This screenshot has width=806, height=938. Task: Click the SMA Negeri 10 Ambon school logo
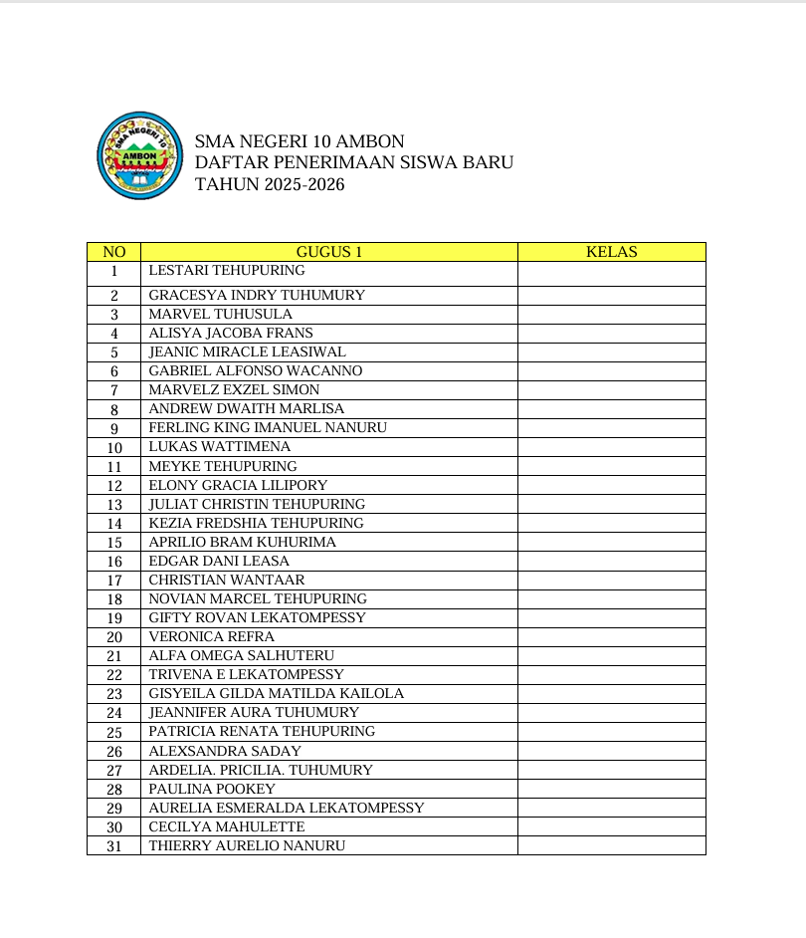pyautogui.click(x=140, y=154)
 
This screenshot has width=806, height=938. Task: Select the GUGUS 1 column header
pyautogui.click(x=328, y=252)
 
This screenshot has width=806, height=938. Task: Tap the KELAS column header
pyautogui.click(x=611, y=252)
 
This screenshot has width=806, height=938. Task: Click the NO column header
pyautogui.click(x=113, y=252)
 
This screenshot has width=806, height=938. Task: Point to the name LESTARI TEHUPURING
pyautogui.click(x=227, y=271)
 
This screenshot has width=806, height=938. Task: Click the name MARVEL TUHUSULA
pyautogui.click(x=220, y=315)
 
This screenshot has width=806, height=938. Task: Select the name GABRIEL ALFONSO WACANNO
pyautogui.click(x=255, y=371)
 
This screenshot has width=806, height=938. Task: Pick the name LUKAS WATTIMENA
pyautogui.click(x=219, y=447)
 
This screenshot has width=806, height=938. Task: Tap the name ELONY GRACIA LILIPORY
pyautogui.click(x=238, y=485)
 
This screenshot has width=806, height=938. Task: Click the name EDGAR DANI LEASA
pyautogui.click(x=219, y=562)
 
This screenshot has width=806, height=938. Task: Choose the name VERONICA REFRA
pyautogui.click(x=211, y=637)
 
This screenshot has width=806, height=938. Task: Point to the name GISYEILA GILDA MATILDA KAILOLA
pyautogui.click(x=276, y=694)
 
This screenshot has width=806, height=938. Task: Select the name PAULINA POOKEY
pyautogui.click(x=212, y=790)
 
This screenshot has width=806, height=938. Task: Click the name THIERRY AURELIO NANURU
pyautogui.click(x=247, y=846)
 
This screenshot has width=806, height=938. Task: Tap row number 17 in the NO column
pyautogui.click(x=114, y=581)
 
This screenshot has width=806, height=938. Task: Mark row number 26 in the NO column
pyautogui.click(x=114, y=752)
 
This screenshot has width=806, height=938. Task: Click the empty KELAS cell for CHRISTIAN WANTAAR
pyautogui.click(x=611, y=581)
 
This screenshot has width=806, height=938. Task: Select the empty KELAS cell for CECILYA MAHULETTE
pyautogui.click(x=611, y=827)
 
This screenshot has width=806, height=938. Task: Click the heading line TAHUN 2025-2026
pyautogui.click(x=270, y=184)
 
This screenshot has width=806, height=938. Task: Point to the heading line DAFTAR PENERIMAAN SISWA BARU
pyautogui.click(x=353, y=162)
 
